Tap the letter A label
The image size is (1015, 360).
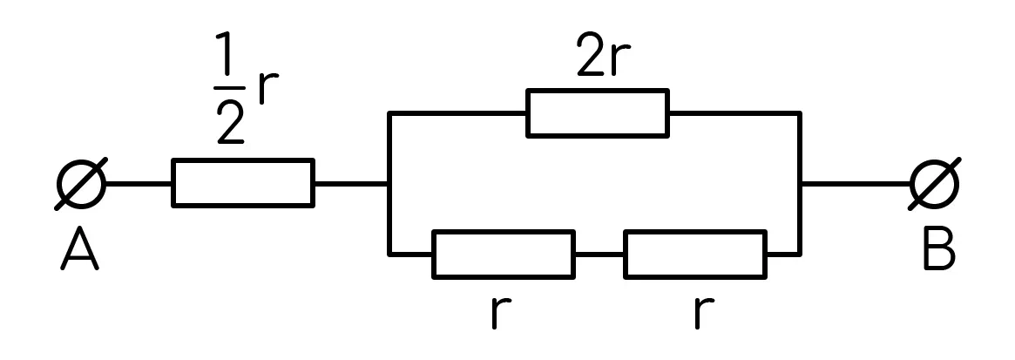click(x=79, y=248)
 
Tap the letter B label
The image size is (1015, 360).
click(x=940, y=248)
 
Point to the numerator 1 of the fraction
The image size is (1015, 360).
click(x=224, y=53)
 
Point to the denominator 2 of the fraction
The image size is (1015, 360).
click(x=230, y=121)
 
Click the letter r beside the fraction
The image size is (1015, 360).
click(x=268, y=89)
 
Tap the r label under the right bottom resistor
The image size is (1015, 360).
click(x=704, y=314)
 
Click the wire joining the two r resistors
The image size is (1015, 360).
click(x=599, y=255)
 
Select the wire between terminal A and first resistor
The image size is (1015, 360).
click(x=139, y=185)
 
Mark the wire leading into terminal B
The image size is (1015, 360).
click(x=856, y=185)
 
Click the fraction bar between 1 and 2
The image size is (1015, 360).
click(x=230, y=87)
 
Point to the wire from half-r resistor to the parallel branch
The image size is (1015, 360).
click(x=351, y=185)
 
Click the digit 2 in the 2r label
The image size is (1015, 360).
click(x=591, y=54)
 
